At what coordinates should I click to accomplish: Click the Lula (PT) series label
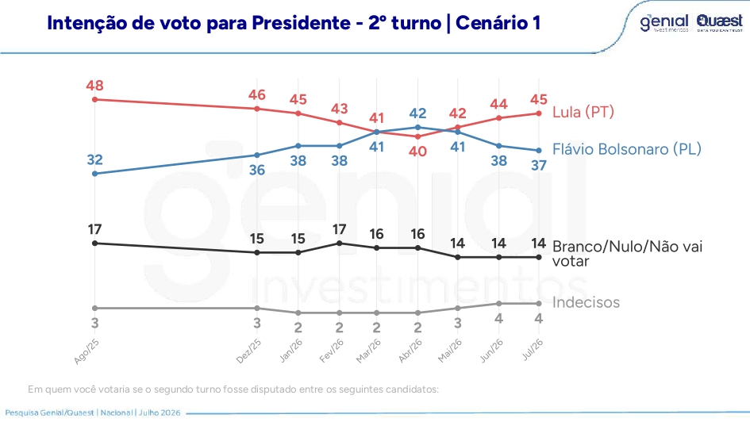[583, 113]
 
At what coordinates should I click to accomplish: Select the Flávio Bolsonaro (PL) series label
[627, 150]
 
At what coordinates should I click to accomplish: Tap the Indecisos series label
[586, 302]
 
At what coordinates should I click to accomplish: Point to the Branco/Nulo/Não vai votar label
[627, 254]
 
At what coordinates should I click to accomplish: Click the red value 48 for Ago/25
[94, 86]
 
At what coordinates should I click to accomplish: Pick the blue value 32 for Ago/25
[94, 159]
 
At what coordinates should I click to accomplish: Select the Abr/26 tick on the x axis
[410, 351]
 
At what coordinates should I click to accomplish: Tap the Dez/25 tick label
[248, 351]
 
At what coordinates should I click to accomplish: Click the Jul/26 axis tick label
[533, 349]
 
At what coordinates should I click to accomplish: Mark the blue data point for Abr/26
[418, 128]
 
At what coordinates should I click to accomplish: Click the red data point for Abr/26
[418, 136]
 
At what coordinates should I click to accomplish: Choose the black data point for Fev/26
[340, 244]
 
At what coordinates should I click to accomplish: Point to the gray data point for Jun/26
[499, 304]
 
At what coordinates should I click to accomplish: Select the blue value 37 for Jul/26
[539, 165]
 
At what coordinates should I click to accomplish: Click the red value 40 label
[418, 152]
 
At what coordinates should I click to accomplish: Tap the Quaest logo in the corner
[719, 22]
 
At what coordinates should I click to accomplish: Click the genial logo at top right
[664, 22]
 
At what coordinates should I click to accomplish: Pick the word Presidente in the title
[302, 23]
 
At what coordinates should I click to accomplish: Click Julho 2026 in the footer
[160, 412]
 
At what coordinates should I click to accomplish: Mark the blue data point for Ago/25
[94, 174]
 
